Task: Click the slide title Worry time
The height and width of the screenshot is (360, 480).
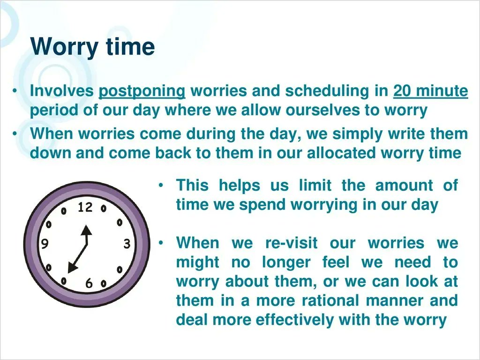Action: point(92,47)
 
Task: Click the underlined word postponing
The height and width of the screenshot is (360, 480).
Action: point(142,91)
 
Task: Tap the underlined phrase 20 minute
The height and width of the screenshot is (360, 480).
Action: point(430,91)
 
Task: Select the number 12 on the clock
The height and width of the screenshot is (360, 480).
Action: point(85,207)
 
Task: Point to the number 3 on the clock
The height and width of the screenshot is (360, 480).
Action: point(127,244)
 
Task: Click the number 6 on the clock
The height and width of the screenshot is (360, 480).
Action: point(89,284)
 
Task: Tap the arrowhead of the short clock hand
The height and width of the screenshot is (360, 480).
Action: point(85,231)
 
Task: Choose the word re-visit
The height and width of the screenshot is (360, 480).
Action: point(291,243)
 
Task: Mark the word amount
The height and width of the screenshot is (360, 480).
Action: point(404,185)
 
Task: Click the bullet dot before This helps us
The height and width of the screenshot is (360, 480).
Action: point(161,186)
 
